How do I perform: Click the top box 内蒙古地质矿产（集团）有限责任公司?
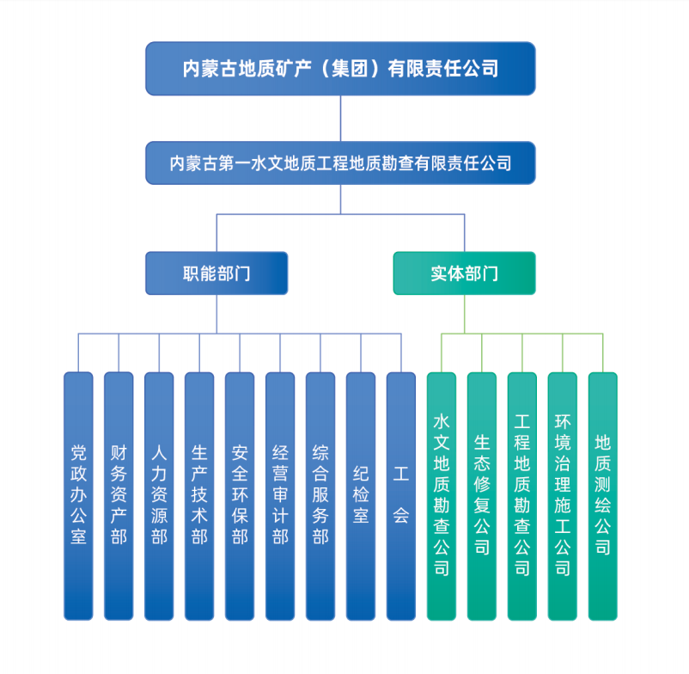(340, 69)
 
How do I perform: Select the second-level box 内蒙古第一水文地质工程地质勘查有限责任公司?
(340, 163)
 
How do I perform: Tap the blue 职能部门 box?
(216, 273)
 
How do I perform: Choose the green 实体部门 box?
(465, 273)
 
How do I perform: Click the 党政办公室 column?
(78, 496)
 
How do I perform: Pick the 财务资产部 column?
(119, 496)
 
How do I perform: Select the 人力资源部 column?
(159, 496)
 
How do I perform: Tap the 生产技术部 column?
(199, 496)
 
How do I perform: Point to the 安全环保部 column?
(240, 496)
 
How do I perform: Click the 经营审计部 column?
(280, 496)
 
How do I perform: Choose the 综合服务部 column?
(320, 496)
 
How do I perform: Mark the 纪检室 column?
(361, 496)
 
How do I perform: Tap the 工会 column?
(401, 496)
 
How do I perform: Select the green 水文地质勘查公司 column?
(442, 496)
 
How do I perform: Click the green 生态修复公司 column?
(482, 496)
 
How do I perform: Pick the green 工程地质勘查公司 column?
(522, 496)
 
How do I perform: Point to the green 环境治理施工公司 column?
(563, 496)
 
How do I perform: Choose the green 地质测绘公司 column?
(603, 496)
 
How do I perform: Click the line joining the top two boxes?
(340, 119)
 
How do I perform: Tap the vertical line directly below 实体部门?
(465, 314)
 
